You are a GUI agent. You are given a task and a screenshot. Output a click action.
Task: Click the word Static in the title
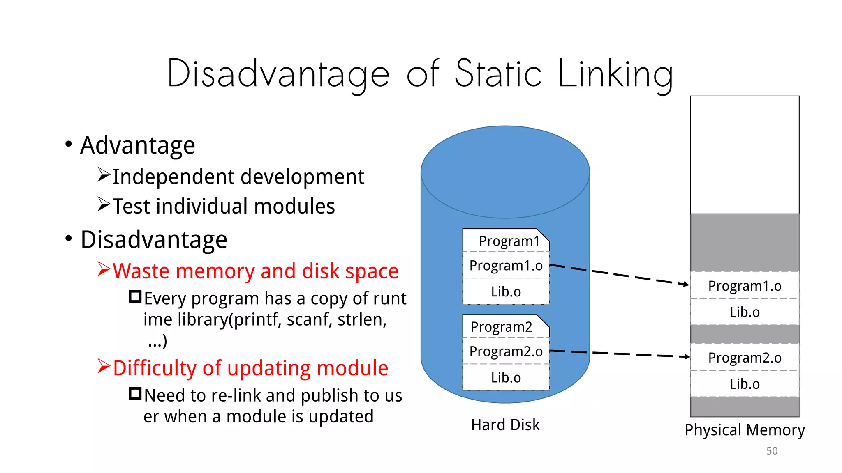click(498, 73)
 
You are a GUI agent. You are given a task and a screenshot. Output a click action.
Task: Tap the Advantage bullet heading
click(137, 145)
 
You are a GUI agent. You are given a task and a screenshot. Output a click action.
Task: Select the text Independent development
click(238, 177)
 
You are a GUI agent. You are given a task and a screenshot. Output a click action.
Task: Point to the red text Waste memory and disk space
click(255, 271)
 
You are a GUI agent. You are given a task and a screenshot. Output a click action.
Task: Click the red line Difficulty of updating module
click(250, 368)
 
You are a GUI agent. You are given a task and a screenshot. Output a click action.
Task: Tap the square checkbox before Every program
click(135, 296)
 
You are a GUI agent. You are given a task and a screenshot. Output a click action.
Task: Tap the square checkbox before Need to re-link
click(135, 394)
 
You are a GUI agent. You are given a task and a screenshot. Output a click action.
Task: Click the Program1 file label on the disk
click(509, 241)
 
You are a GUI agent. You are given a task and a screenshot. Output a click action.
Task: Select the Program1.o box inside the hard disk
click(506, 266)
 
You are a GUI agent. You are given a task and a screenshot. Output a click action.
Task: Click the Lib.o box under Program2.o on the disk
click(506, 378)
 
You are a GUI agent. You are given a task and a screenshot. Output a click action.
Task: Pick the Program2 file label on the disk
click(501, 327)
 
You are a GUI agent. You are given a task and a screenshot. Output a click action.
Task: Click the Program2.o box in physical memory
click(745, 358)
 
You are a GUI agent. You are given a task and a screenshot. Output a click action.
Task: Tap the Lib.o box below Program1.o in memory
click(745, 312)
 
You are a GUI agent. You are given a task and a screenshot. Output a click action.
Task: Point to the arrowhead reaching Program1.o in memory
click(686, 284)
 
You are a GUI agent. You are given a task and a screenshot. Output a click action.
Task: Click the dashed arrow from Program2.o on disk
click(617, 354)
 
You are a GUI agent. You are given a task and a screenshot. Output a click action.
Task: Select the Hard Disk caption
click(505, 425)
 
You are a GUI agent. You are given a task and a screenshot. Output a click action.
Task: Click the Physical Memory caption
click(745, 430)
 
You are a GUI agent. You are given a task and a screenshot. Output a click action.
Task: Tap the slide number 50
click(772, 451)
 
